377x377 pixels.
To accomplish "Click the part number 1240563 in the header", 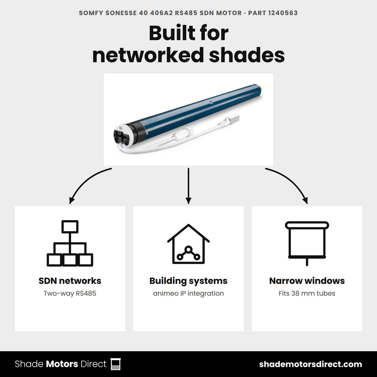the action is pos(283,13).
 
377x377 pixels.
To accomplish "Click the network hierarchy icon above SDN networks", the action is pos(70,243).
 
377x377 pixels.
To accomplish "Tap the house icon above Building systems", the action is pos(188,244).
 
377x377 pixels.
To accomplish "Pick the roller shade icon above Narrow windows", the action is pos(307,243).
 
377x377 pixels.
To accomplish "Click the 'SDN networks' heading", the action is pos(70,281).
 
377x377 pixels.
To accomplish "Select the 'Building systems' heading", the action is pos(188,281).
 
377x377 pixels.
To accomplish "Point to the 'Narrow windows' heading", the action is pos(307,281).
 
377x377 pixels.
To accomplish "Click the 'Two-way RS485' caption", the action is pos(70,293).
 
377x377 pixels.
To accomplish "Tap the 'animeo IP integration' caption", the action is pos(188,293).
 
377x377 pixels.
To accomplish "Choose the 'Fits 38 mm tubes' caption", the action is pos(307,293).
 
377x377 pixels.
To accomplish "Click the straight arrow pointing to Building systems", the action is pos(188,186).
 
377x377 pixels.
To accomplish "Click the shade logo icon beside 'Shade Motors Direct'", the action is pos(116,364).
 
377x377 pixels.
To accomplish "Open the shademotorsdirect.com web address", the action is pos(310,364).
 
